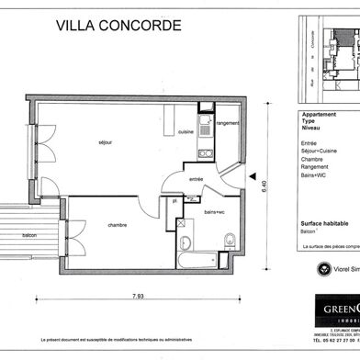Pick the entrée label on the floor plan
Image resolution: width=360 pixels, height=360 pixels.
coord(196,178)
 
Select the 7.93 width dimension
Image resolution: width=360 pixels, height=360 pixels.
coord(137,296)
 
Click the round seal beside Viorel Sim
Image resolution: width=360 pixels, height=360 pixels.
coord(322,269)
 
